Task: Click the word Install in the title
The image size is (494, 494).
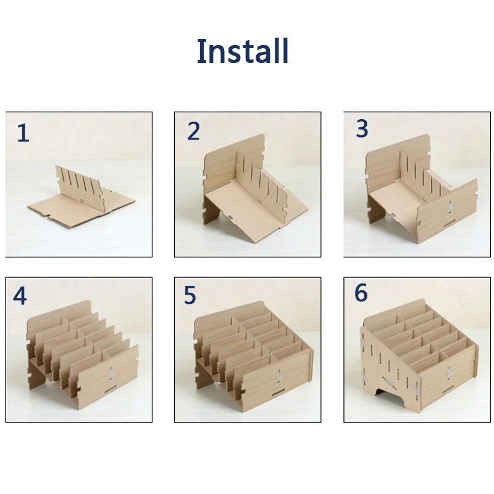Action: pyautogui.click(x=243, y=51)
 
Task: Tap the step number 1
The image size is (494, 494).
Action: pyautogui.click(x=23, y=133)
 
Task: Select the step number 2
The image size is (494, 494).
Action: pyautogui.click(x=194, y=132)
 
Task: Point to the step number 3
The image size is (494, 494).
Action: pyautogui.click(x=362, y=129)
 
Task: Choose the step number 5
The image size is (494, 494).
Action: pyautogui.click(x=190, y=296)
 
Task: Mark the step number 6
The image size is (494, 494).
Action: pyautogui.click(x=361, y=293)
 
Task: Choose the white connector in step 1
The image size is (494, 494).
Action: pyautogui.click(x=82, y=201)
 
